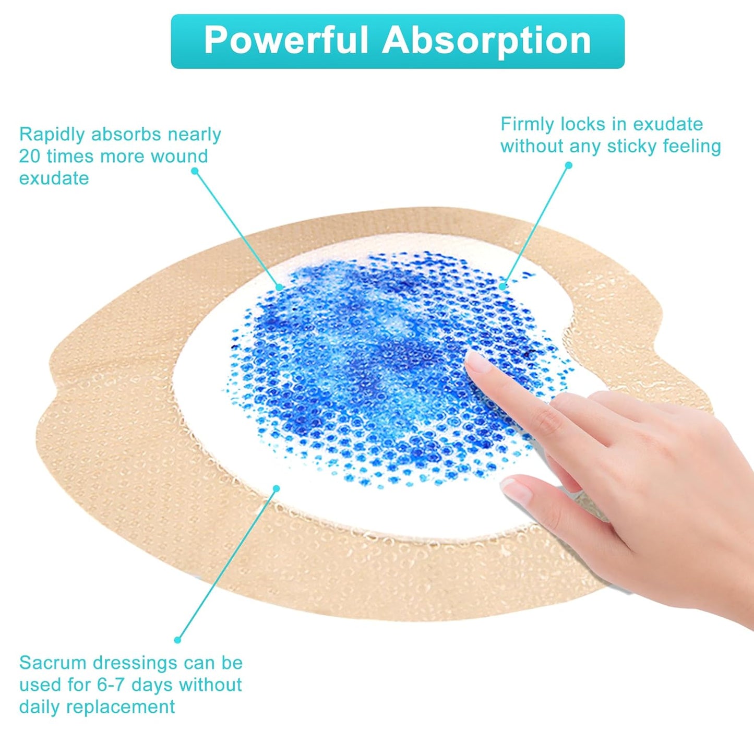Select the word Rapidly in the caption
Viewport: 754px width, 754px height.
pyautogui.click(x=53, y=135)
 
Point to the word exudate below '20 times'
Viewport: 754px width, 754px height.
pyautogui.click(x=54, y=178)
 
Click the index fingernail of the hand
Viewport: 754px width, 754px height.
pyautogui.click(x=477, y=361)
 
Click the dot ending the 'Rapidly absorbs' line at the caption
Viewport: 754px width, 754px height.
pyautogui.click(x=195, y=171)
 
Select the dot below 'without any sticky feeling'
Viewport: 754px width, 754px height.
pyautogui.click(x=569, y=165)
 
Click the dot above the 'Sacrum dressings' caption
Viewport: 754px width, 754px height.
pyautogui.click(x=177, y=640)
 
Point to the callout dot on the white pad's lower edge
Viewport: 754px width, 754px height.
pyautogui.click(x=277, y=488)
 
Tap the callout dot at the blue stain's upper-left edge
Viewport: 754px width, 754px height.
pyautogui.click(x=280, y=286)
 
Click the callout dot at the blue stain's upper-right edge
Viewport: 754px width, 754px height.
pyautogui.click(x=502, y=285)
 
